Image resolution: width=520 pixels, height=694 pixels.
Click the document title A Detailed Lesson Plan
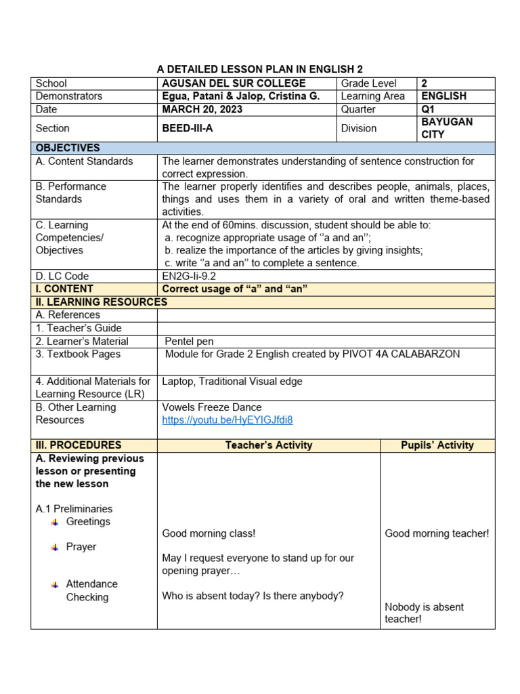point(260,69)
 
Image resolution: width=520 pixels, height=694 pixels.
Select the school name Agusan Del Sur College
point(234,83)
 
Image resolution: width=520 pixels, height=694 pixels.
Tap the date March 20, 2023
point(202,109)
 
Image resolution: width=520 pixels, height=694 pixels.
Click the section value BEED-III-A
point(188,128)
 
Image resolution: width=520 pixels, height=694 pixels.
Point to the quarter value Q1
point(429,109)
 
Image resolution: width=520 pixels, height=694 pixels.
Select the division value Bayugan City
point(447,128)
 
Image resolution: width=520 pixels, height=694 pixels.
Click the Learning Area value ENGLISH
point(443,96)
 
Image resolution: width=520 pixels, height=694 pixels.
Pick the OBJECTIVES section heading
point(68,148)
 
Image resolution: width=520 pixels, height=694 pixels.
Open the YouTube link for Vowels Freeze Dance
point(227,420)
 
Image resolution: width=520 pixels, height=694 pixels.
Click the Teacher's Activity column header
point(268,445)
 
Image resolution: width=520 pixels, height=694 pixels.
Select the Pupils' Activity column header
point(437,445)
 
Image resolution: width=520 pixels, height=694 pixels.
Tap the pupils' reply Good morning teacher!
point(437,533)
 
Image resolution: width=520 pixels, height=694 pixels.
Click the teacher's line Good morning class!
point(209,533)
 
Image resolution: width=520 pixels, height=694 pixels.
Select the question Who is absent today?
point(253,596)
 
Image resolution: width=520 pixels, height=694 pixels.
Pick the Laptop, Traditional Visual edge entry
point(232,382)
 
